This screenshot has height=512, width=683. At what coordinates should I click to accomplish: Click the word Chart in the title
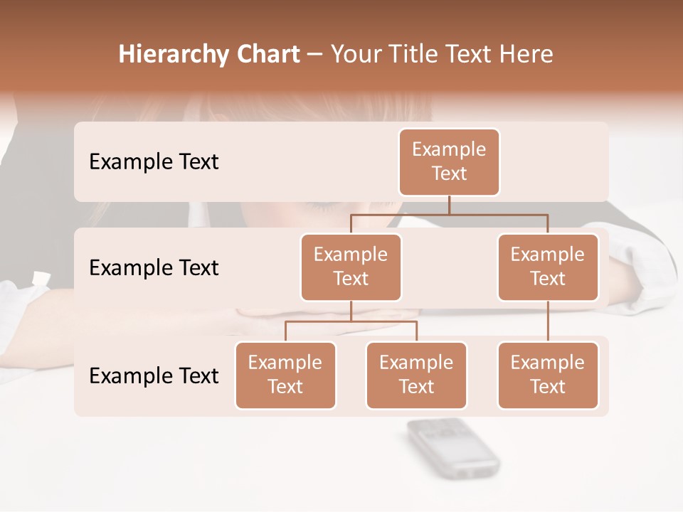tap(268, 55)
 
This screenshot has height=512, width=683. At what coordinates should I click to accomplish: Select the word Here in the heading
tap(526, 55)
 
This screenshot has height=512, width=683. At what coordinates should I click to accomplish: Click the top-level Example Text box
tap(449, 161)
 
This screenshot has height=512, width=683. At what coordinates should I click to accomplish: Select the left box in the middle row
tap(351, 267)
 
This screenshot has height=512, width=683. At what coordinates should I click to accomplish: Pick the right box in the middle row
tap(548, 267)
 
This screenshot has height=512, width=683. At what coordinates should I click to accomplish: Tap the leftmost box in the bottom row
tap(285, 375)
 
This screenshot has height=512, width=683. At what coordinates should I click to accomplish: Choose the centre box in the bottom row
tap(416, 375)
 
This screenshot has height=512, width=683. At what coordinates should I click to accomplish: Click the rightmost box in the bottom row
tap(548, 375)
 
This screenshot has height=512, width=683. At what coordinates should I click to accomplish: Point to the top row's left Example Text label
tap(154, 161)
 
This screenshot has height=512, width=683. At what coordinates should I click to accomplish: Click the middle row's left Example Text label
tap(154, 268)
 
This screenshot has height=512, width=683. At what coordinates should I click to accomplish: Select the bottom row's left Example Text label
tap(154, 375)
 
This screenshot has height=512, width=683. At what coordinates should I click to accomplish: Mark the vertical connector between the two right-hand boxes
tap(548, 321)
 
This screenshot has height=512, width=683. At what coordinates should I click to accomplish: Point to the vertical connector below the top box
tap(449, 205)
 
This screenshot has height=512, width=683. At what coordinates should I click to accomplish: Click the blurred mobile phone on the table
tap(452, 447)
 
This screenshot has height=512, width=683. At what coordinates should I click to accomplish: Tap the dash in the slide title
tap(315, 55)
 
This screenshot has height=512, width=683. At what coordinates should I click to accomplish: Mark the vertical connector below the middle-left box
tap(351, 311)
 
